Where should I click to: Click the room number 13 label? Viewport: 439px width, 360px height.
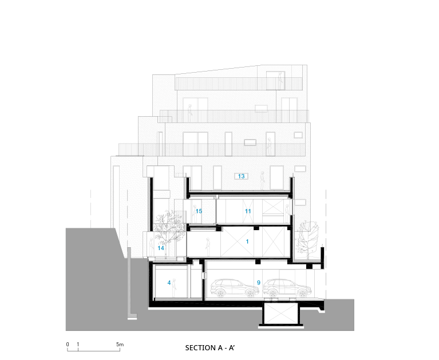[x=242, y=176]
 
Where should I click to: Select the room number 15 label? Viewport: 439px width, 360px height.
[x=199, y=211]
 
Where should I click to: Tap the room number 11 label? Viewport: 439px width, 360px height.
[x=248, y=211]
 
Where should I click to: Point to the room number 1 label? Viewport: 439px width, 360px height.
[x=247, y=242]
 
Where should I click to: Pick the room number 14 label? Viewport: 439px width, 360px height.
[x=161, y=248]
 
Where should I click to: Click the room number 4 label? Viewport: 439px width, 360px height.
[x=169, y=283]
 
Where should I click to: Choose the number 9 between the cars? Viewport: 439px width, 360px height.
[x=258, y=283]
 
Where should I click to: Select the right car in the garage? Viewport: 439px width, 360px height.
[x=287, y=288]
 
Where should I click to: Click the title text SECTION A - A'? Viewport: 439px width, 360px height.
[x=210, y=347]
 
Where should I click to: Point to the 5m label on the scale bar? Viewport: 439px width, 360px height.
[x=120, y=345]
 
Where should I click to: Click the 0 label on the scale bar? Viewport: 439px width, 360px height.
[x=68, y=345]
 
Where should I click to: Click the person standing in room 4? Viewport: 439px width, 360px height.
[x=174, y=288]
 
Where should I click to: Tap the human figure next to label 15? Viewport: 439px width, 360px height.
[x=195, y=214]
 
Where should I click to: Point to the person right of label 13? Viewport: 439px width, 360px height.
[x=262, y=180]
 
